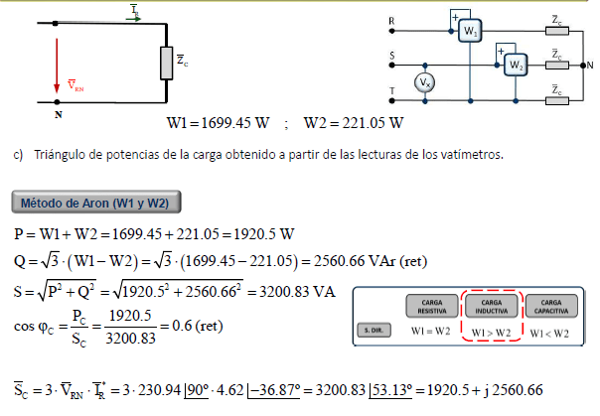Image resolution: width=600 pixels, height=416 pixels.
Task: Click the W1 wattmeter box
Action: [x=470, y=31]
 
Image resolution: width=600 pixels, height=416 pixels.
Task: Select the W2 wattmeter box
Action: [x=516, y=65]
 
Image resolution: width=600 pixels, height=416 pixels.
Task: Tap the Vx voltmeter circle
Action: [x=425, y=82]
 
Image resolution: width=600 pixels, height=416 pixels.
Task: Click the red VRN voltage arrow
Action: [x=57, y=66]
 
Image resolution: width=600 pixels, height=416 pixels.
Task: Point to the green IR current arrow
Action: [x=133, y=18]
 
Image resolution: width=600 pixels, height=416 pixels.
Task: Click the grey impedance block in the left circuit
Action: [x=167, y=64]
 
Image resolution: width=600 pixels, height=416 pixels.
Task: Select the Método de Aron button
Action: [x=96, y=202]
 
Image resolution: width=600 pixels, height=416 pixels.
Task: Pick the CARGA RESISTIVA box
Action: [x=432, y=306]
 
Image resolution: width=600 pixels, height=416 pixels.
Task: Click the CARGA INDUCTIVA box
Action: [x=492, y=306]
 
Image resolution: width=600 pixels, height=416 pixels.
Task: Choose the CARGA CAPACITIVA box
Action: [x=551, y=306]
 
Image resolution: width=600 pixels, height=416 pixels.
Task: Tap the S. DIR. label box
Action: [x=374, y=331]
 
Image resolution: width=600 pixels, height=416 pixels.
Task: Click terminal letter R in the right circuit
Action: [x=391, y=21]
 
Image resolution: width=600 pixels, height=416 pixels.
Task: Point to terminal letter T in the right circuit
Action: [x=391, y=91]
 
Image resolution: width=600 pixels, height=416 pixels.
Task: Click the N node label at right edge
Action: [x=590, y=66]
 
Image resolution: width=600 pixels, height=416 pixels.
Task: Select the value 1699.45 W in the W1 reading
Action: [x=235, y=123]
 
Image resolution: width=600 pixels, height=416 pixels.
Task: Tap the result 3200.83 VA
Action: [x=297, y=292]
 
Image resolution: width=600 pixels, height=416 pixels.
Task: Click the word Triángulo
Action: [x=60, y=155]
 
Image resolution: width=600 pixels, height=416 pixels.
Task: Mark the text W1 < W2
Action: [x=549, y=334]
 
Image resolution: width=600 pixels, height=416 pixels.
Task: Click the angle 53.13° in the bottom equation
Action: [x=391, y=390]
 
